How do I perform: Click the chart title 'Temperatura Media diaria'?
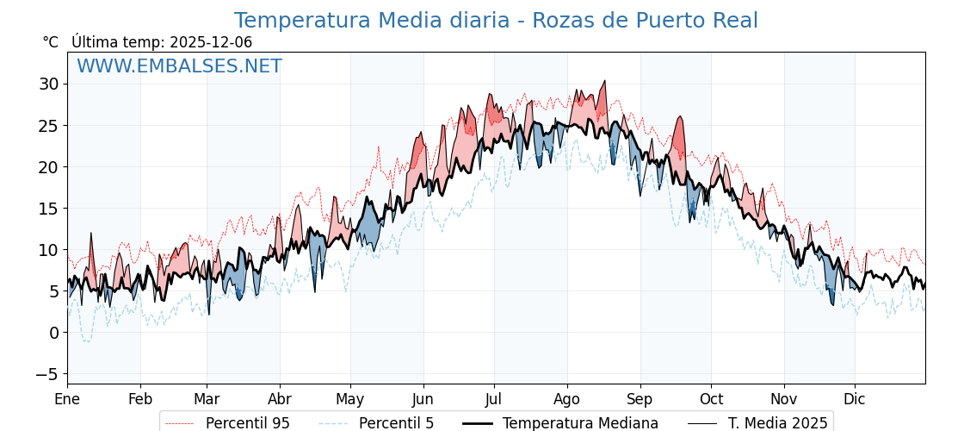(496, 21)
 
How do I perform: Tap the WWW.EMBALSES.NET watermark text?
(179, 66)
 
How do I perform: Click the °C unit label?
(51, 42)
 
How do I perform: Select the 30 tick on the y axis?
(48, 84)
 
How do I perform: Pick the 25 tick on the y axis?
(48, 126)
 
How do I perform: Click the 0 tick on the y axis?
(53, 333)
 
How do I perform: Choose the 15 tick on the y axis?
(48, 209)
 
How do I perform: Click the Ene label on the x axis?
(67, 399)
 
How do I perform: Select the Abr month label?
(280, 399)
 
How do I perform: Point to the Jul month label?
(494, 399)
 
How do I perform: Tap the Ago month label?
(567, 399)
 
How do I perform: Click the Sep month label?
(640, 399)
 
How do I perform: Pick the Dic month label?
(855, 399)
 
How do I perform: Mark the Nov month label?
(784, 399)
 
